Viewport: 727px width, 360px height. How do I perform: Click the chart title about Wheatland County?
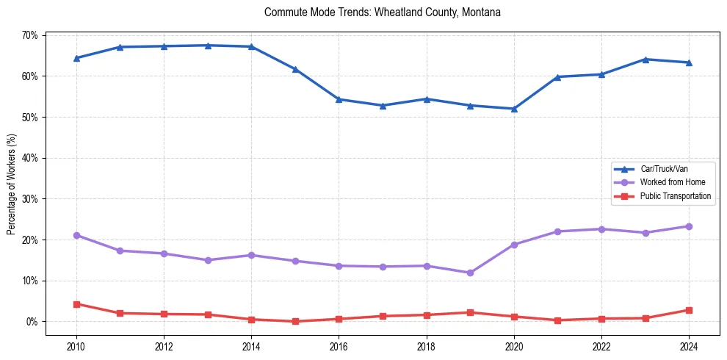[x=382, y=12]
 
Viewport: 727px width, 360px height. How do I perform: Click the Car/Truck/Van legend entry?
[x=664, y=169]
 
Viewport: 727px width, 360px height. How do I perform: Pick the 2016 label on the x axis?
[x=339, y=346]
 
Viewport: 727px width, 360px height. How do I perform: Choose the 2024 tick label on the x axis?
[x=689, y=346]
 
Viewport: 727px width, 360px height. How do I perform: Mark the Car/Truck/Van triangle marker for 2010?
[x=76, y=58]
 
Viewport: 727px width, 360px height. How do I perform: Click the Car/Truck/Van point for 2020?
[x=514, y=109]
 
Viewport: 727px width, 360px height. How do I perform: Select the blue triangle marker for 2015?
[x=295, y=69]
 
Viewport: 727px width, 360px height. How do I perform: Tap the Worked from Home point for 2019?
[x=470, y=273]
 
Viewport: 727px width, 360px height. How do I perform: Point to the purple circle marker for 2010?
[x=76, y=235]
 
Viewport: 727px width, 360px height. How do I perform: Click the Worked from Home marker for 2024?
[x=689, y=226]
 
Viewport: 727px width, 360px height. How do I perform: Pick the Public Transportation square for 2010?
[x=76, y=304]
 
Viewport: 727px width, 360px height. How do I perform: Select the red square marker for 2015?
[x=295, y=321]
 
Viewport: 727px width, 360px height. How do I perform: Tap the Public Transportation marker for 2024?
[x=689, y=310]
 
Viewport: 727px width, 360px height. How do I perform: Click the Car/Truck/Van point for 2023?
[x=645, y=60]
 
